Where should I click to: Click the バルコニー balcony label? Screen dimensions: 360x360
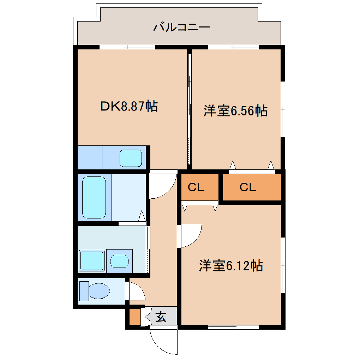(x=181, y=27)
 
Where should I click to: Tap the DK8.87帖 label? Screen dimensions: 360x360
(x=129, y=106)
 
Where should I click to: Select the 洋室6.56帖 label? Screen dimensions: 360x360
(x=235, y=111)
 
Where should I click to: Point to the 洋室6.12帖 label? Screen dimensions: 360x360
(x=231, y=265)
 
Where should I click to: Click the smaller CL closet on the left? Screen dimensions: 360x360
(x=196, y=187)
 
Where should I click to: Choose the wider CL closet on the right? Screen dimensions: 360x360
(x=248, y=187)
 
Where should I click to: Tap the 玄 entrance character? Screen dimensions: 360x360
(x=161, y=317)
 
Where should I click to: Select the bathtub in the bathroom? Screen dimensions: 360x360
(x=94, y=197)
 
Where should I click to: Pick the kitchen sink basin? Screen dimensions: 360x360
(x=131, y=158)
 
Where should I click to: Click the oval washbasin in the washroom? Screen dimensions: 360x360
(x=119, y=261)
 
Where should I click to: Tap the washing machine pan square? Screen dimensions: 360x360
(x=91, y=261)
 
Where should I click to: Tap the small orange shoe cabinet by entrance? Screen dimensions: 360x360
(x=134, y=317)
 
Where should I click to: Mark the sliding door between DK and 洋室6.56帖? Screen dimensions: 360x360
(x=190, y=109)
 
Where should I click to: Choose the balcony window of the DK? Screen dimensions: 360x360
(x=127, y=47)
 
